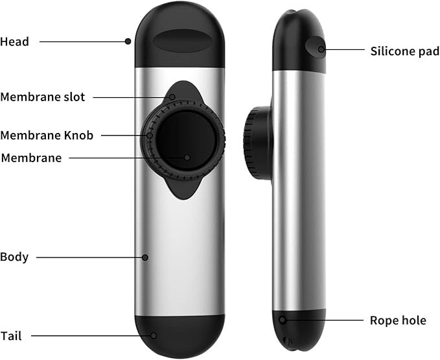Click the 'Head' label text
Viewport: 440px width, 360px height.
tap(15, 42)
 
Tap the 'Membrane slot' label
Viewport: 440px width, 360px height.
tap(43, 97)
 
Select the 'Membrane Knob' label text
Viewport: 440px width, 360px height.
tap(47, 136)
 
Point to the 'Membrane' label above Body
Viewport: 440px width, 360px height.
tap(31, 158)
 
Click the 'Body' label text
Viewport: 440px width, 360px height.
tap(15, 257)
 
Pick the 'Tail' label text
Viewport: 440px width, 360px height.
tap(12, 335)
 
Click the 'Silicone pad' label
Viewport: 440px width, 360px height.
tap(404, 51)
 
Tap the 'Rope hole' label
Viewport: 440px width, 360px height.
tap(398, 320)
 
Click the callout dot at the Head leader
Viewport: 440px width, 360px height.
tap(128, 42)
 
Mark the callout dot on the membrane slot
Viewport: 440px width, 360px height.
tap(172, 97)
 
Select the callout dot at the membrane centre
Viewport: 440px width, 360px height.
tap(187, 157)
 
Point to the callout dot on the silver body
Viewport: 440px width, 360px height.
tap(145, 258)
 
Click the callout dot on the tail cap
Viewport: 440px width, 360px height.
tap(154, 335)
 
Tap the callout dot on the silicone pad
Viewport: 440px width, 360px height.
tap(321, 48)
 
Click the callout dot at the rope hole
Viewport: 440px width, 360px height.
tap(283, 319)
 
